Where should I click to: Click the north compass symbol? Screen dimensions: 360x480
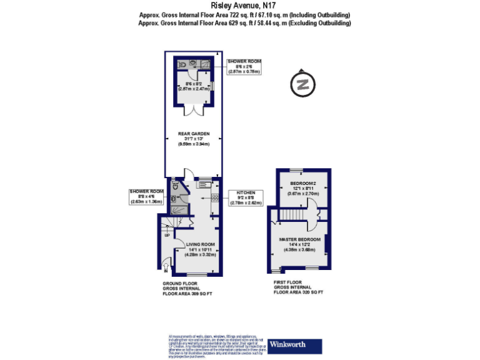click(303, 84)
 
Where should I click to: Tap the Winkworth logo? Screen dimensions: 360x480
click(295, 346)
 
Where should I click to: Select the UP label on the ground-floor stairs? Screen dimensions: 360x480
click(167, 236)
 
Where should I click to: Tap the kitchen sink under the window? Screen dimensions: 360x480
click(204, 184)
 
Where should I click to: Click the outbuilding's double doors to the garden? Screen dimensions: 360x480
click(193, 111)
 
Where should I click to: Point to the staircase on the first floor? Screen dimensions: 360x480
click(293, 216)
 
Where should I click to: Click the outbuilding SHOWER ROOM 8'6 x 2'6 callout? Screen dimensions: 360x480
click(244, 66)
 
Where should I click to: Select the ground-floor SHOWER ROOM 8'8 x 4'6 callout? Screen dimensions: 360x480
click(146, 197)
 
